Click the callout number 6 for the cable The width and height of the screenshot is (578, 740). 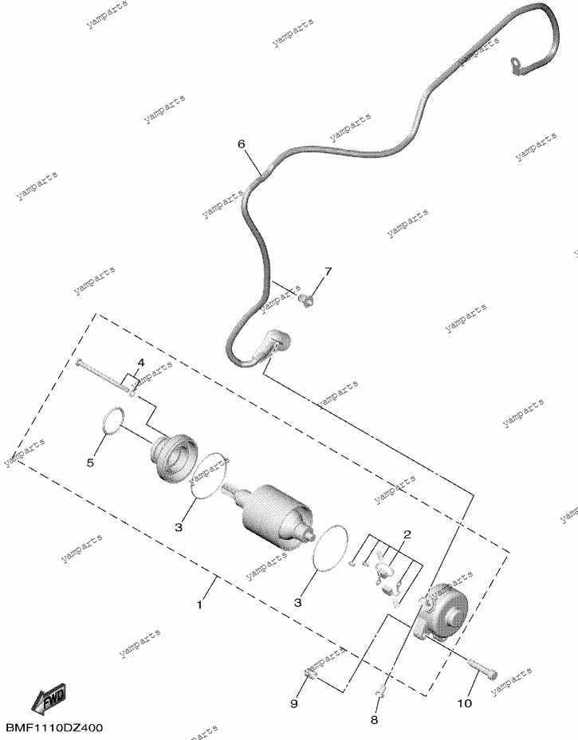[x=241, y=144]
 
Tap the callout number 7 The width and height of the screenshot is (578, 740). [x=328, y=271]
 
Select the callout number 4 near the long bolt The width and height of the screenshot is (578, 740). [x=140, y=363]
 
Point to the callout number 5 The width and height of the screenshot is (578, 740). [x=90, y=462]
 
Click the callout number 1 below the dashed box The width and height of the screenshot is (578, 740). [x=200, y=604]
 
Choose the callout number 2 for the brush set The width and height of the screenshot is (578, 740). [x=407, y=535]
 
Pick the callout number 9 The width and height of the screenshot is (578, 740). [x=293, y=703]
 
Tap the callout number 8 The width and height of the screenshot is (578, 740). [x=374, y=720]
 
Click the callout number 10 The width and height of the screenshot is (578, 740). [x=465, y=703]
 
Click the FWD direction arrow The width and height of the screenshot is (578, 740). [x=49, y=699]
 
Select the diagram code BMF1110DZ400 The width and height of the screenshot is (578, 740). [x=54, y=728]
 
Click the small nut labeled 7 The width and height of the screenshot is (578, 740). [x=307, y=299]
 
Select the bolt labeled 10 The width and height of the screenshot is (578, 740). [x=482, y=669]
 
